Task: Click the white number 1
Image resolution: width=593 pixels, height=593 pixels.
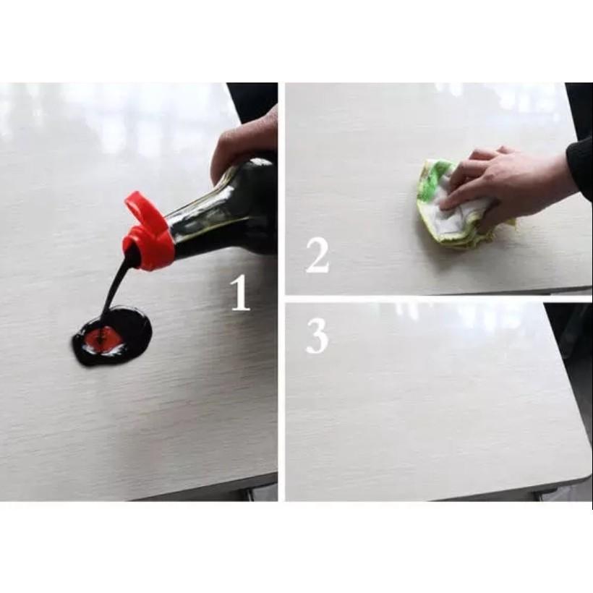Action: [x=241, y=293]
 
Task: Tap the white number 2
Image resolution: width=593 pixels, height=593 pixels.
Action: [x=317, y=256]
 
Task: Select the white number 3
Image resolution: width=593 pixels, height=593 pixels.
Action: [x=317, y=336]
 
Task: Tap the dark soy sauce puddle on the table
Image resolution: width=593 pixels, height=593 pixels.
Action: [x=113, y=336]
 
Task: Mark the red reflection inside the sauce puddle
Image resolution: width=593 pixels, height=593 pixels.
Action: [x=103, y=338]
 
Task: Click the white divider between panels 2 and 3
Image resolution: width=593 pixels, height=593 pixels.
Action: [x=439, y=299]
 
